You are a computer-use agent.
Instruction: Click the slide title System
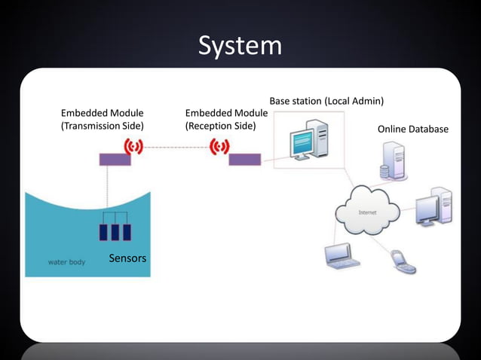pos(240,46)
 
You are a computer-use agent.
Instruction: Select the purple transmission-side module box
pos(115,159)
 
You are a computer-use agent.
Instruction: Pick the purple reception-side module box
pos(245,159)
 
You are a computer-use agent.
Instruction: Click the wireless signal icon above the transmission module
pos(133,145)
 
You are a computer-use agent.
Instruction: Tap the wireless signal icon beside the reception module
pos(219,145)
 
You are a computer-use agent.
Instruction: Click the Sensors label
pos(127,258)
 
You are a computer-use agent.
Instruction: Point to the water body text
pos(66,263)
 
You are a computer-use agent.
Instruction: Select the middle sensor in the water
pos(115,231)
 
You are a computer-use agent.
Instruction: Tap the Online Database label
pos(412,129)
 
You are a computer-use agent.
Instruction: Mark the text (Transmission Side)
pos(102,126)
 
